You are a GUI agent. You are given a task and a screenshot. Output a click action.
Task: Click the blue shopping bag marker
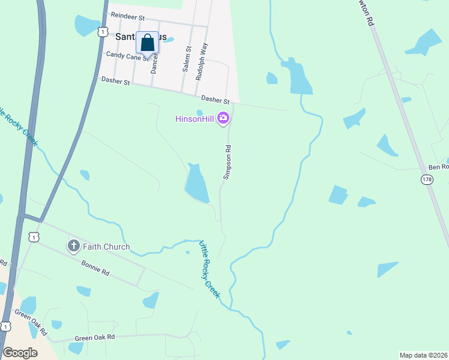coord(148,44)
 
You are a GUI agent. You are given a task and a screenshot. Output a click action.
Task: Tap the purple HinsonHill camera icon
coord(224,118)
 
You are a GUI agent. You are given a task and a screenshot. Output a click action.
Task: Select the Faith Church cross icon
coord(74,246)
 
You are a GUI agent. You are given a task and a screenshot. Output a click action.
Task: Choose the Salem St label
coord(187,58)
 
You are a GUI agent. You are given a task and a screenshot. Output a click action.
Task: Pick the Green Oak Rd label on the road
coord(94,338)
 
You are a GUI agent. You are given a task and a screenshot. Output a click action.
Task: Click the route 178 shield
coord(427,179)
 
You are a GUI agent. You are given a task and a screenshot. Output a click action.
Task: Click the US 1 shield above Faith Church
coord(34,238)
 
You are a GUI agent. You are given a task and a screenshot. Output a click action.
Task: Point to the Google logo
coord(20,353)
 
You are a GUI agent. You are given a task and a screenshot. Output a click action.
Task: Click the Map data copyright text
coord(424,355)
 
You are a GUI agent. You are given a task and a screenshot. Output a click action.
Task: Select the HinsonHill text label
coord(194,118)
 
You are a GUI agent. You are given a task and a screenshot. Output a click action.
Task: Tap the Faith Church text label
coord(106,247)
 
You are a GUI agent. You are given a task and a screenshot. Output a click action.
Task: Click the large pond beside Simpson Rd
coord(196,185)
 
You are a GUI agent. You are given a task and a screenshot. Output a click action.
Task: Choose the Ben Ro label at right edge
coord(438,166)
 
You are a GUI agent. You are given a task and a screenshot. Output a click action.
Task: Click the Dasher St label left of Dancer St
coord(115,80)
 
